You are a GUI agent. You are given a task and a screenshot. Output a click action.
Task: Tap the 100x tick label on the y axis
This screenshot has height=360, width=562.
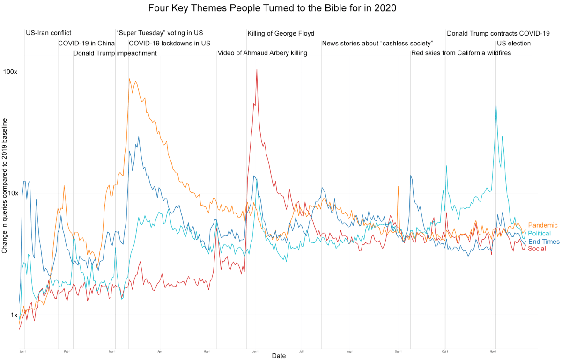pos(10,72)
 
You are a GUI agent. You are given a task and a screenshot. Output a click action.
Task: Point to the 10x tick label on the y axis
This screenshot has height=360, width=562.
pos(12,193)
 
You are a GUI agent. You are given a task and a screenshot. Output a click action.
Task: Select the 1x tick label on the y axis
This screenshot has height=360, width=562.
pos(14,315)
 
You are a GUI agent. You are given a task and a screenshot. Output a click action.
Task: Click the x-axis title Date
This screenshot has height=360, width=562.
pos(279,356)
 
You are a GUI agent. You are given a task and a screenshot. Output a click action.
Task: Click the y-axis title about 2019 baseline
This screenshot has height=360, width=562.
pos(5,186)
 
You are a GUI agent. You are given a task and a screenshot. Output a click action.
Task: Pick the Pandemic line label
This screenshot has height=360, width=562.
pos(542,225)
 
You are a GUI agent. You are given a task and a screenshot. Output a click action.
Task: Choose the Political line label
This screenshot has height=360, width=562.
pos(539,234)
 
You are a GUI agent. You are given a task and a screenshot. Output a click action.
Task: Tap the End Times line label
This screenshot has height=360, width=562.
pos(543,242)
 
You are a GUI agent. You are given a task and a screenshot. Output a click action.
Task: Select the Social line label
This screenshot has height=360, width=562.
pos(537,249)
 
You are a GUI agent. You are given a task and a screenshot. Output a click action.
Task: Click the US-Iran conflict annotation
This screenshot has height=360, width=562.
pos(49,33)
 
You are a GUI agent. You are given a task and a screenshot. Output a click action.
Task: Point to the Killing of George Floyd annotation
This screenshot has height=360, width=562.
pos(281,34)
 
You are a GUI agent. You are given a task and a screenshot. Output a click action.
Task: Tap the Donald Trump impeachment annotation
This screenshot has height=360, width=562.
pos(115,53)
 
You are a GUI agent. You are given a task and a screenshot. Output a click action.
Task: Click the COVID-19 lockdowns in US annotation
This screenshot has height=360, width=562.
pos(170,44)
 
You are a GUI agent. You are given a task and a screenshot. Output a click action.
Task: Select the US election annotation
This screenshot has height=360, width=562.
pos(514,44)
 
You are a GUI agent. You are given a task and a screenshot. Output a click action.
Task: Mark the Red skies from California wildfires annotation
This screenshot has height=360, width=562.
pos(461,53)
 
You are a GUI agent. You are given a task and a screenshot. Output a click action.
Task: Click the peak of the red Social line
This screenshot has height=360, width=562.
pos(257,69)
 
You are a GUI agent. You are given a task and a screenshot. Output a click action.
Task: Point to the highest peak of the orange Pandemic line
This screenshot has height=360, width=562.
pos(129,79)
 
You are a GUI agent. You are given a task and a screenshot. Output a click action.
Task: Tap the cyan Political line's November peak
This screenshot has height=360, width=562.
pos(496,106)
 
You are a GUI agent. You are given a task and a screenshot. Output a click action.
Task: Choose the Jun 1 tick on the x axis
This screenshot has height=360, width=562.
pos(255,351)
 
